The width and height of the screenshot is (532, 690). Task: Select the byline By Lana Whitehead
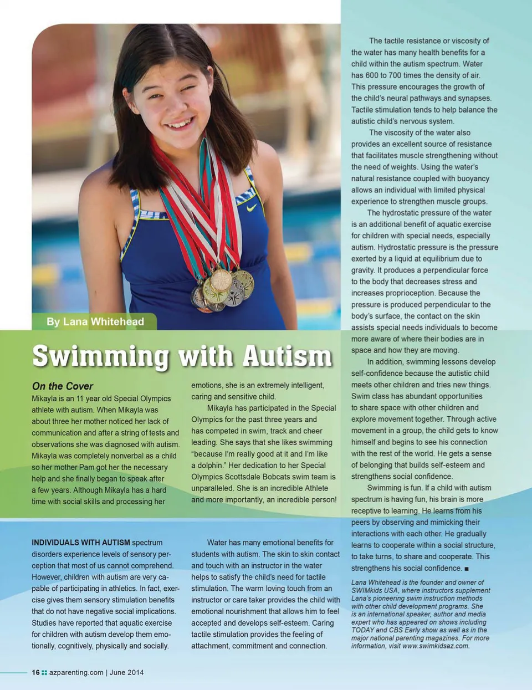tap(95, 322)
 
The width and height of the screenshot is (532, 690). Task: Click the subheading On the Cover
tap(62, 386)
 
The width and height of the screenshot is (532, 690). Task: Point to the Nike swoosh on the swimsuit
tap(251, 208)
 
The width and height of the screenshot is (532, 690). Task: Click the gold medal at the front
tap(221, 280)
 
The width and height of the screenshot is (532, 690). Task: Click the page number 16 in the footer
tap(35, 672)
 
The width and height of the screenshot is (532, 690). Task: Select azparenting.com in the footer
tap(76, 672)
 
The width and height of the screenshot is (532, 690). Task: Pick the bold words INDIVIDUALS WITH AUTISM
tap(81, 543)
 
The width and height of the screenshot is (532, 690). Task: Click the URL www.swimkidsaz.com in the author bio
tap(436, 646)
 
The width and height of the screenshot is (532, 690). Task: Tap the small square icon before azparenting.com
tap(44, 672)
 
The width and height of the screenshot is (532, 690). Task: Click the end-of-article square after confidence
tap(467, 569)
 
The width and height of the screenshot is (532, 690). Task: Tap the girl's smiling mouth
tap(178, 124)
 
